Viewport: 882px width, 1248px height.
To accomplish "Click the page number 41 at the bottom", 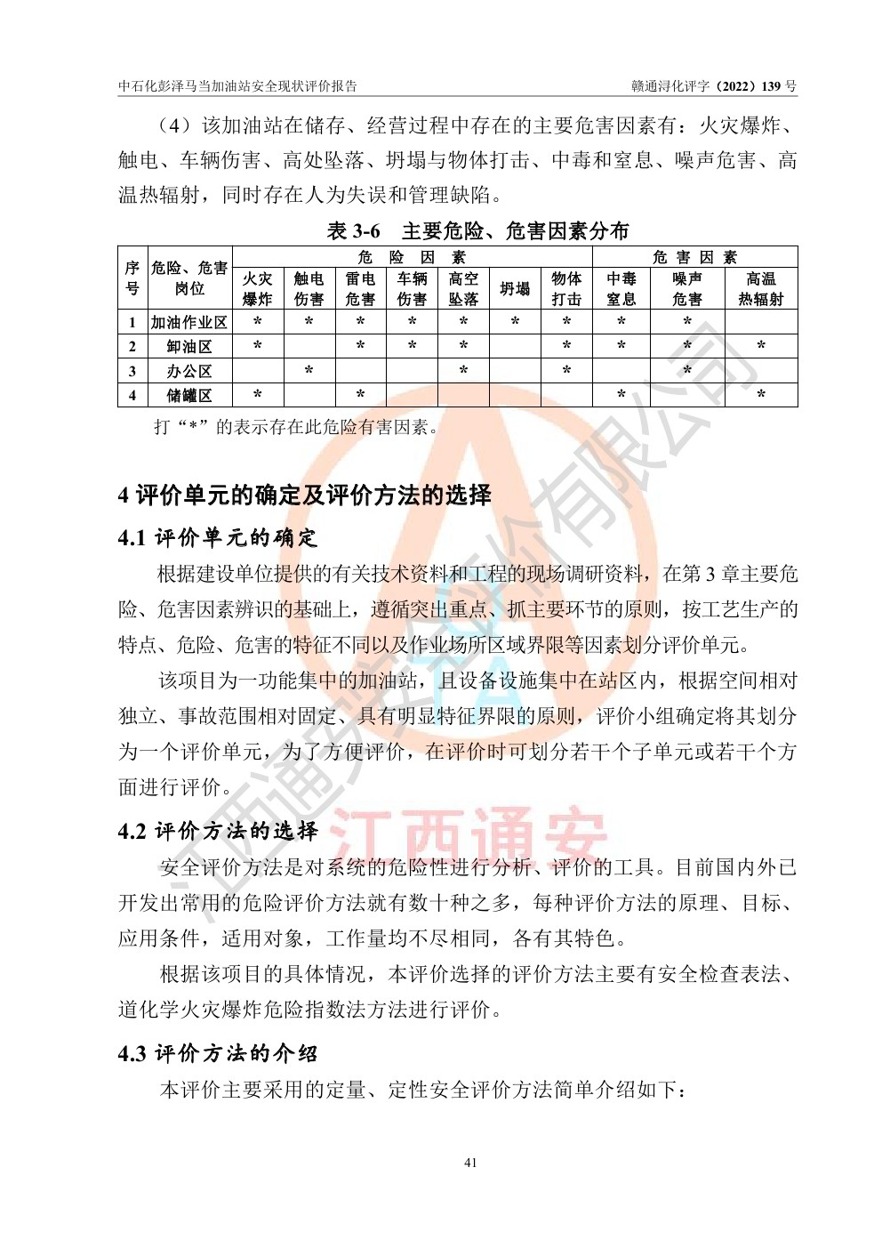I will tap(471, 1162).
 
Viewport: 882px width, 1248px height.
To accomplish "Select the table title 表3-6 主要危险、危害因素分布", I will tap(477, 231).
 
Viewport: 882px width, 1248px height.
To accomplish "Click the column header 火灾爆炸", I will tap(258, 289).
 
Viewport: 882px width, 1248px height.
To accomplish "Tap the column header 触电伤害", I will tap(309, 289).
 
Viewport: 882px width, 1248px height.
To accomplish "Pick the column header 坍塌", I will tap(515, 289).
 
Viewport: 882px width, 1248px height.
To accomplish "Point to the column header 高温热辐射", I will tap(761, 289).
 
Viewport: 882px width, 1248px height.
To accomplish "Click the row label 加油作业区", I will tap(189, 322).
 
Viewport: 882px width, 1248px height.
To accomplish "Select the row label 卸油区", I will tap(189, 346).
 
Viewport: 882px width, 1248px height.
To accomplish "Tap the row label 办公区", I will tap(189, 370).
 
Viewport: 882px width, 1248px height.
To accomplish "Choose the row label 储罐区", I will tap(189, 394).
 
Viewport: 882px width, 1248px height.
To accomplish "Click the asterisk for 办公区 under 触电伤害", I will tap(309, 370).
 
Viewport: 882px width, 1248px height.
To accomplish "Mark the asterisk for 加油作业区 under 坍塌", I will tap(515, 322).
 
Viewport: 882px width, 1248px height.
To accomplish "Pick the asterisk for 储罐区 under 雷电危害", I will tap(360, 394).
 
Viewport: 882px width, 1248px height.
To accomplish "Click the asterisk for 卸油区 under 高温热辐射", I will tap(761, 346).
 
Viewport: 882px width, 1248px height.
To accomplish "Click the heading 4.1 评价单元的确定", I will tap(218, 538).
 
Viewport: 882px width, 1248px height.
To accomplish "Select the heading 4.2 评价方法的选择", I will tap(218, 832).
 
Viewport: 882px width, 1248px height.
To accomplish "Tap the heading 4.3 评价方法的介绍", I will tap(218, 1054).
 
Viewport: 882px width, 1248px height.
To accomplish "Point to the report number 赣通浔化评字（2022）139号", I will tap(714, 86).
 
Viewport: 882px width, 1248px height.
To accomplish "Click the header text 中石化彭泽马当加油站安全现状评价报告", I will tap(238, 86).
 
